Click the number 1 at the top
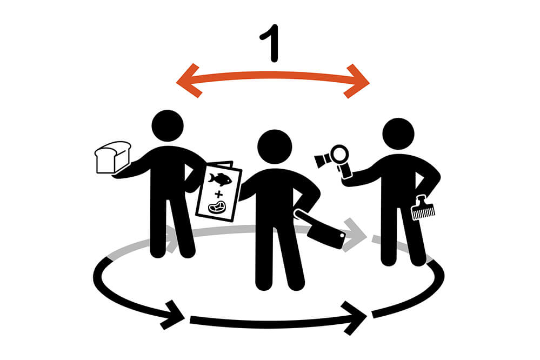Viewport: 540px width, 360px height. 270,43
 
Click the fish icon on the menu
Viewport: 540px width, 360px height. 219,179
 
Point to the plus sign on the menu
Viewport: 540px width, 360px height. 218,194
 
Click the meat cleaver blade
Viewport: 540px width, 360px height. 326,235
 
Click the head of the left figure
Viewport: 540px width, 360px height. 168,126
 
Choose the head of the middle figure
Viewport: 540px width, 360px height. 275,146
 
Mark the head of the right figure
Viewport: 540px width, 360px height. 398,134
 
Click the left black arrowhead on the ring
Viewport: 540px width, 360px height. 173,315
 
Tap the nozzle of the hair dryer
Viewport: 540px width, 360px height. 321,161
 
